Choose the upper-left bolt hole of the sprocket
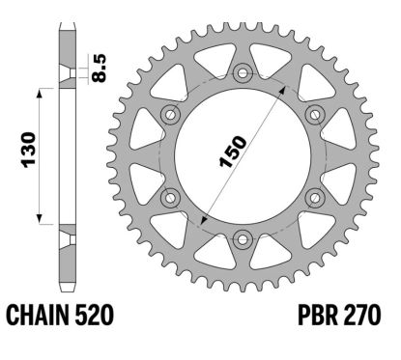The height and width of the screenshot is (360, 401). pos(171,114)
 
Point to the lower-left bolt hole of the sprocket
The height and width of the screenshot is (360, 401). pos(171,197)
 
